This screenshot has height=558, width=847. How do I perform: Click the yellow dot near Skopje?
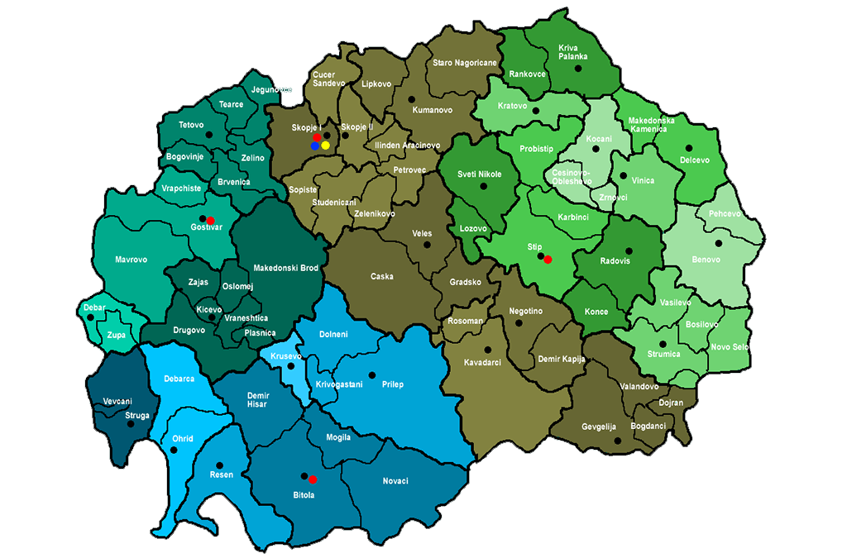[x=326, y=145]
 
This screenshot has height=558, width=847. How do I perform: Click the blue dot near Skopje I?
[x=315, y=145]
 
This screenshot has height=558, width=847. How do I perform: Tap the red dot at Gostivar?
[x=210, y=220]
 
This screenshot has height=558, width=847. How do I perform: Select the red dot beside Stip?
[x=548, y=260]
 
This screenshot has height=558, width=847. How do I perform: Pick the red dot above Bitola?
[x=313, y=479]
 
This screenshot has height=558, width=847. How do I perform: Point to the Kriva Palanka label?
[x=573, y=51]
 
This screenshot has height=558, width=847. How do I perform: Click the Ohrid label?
[x=182, y=438]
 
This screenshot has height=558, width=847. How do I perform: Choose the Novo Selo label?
[x=730, y=346]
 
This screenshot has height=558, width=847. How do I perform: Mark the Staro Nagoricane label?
[x=464, y=63]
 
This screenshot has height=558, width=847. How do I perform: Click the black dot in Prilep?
[x=372, y=374]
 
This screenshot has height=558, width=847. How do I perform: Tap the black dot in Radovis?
[x=629, y=250]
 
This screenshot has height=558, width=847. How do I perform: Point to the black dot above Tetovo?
[x=209, y=134]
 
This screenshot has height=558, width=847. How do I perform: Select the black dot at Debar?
[x=90, y=317]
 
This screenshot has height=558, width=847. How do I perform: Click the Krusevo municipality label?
[x=285, y=356]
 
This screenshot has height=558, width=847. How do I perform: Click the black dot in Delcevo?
[x=688, y=148]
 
